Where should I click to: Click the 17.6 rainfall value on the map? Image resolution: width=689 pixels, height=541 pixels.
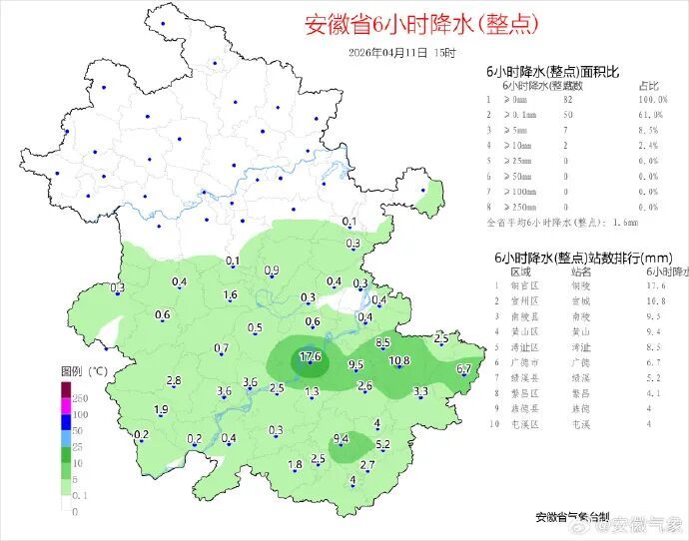(310, 357)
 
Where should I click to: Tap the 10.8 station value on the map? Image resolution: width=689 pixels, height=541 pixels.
(399, 360)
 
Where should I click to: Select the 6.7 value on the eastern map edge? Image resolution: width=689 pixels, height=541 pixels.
(463, 369)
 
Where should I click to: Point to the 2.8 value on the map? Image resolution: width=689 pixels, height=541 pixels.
(173, 381)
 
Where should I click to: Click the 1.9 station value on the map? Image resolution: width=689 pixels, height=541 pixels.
(161, 410)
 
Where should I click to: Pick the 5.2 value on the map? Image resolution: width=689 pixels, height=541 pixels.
(381, 444)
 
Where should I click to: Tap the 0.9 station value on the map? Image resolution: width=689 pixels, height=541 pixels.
(271, 271)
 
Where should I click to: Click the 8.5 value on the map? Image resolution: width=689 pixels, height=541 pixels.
(381, 343)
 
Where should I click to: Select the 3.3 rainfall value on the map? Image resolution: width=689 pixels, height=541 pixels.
(420, 391)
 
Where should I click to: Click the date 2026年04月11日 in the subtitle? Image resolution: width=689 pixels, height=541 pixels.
(389, 52)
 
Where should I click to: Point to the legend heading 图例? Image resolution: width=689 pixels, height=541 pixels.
(71, 370)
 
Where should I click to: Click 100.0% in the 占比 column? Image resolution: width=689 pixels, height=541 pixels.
(651, 100)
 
